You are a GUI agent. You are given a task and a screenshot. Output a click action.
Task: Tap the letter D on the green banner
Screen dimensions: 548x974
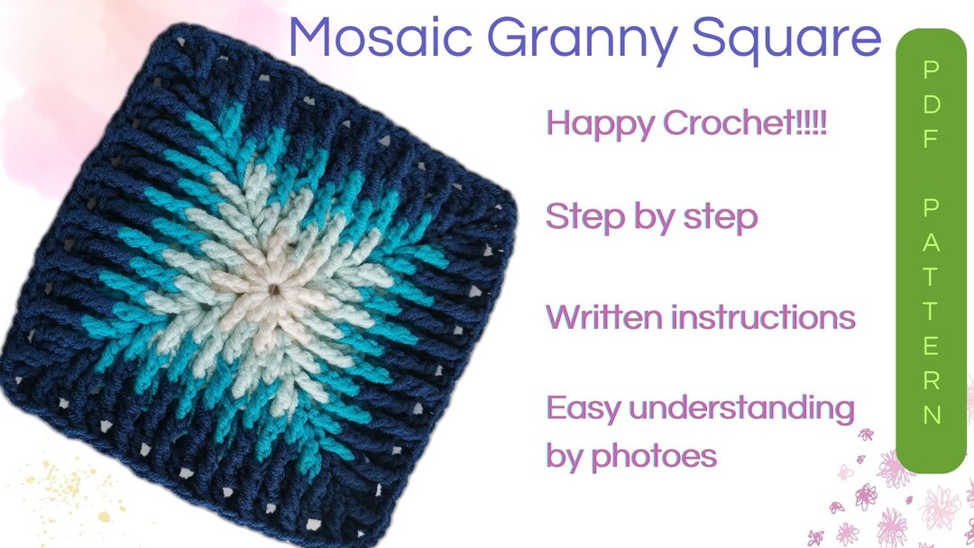click(x=932, y=105)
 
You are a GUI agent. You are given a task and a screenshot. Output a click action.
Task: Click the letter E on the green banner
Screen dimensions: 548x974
click(x=932, y=345)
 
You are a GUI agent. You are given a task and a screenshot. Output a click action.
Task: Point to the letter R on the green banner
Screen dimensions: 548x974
click(x=932, y=379)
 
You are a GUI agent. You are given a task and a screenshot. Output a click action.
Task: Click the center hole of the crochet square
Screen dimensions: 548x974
click(x=272, y=290)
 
